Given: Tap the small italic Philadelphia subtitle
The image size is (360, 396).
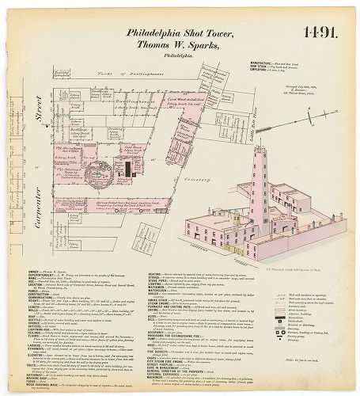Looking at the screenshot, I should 176,57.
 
